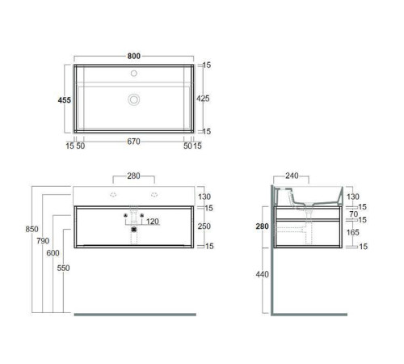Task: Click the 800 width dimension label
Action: click(134, 56)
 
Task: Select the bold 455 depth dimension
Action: click(65, 100)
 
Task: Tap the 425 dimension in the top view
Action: click(203, 99)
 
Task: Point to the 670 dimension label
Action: click(133, 142)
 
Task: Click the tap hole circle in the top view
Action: click(134, 73)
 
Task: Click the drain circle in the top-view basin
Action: click(134, 99)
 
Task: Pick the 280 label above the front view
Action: click(133, 176)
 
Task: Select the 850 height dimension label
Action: click(32, 229)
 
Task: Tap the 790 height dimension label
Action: click(43, 240)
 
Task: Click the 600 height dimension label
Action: click(53, 253)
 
